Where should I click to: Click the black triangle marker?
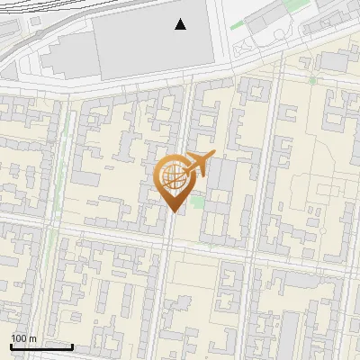coord(181,25)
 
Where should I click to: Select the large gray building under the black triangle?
coord(153,45)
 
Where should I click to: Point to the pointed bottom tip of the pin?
coord(173,211)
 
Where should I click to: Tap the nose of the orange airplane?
coord(214,156)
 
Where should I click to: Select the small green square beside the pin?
coord(197,202)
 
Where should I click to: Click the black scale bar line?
coord(41,346)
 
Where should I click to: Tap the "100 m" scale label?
coord(23,338)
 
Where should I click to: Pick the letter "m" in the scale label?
coord(32,338)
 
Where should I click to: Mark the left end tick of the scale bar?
coord(11,345)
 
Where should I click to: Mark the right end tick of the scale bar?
coord(72,345)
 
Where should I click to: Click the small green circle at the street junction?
coord(313,80)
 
